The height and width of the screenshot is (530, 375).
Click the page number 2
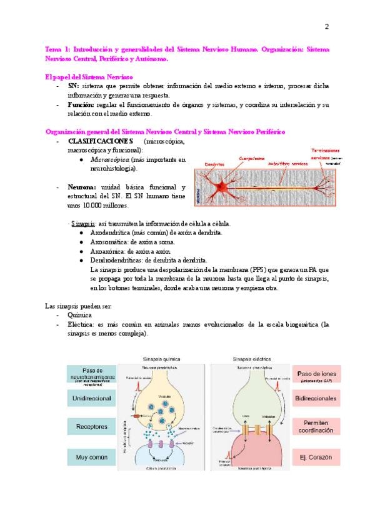click(x=326, y=26)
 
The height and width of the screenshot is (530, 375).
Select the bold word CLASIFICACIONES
click(x=101, y=141)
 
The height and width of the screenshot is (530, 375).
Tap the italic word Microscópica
click(x=112, y=159)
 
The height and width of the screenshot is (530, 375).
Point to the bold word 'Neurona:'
click(x=81, y=187)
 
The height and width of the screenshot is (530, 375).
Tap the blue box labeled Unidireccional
click(x=91, y=398)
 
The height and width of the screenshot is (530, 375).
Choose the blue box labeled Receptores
click(x=91, y=427)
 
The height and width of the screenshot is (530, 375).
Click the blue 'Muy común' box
click(x=91, y=457)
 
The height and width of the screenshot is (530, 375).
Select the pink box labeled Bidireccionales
click(x=317, y=397)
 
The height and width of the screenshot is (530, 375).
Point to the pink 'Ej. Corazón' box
click(x=317, y=457)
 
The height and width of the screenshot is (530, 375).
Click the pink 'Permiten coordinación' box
click(x=317, y=427)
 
